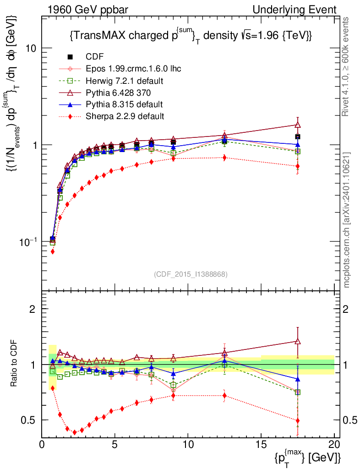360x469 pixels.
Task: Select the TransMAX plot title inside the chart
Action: tap(191, 35)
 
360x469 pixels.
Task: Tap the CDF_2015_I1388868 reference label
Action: tap(190, 274)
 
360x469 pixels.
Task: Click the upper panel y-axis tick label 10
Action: tap(31, 49)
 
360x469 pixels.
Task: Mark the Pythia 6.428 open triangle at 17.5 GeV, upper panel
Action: tap(298, 125)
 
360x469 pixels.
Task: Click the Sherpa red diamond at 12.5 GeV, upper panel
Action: tap(224, 158)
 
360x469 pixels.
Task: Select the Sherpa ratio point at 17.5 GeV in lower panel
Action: tap(298, 420)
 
